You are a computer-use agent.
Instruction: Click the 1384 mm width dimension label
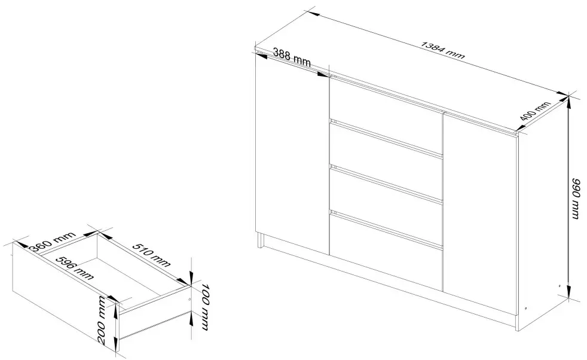tap(443, 50)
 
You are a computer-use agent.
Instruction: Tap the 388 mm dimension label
tap(292, 57)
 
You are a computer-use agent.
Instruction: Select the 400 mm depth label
tap(534, 113)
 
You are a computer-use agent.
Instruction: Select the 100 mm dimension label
tap(203, 304)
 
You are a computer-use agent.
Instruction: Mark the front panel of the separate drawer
tap(66, 293)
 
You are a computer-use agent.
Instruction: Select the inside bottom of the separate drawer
tap(114, 281)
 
